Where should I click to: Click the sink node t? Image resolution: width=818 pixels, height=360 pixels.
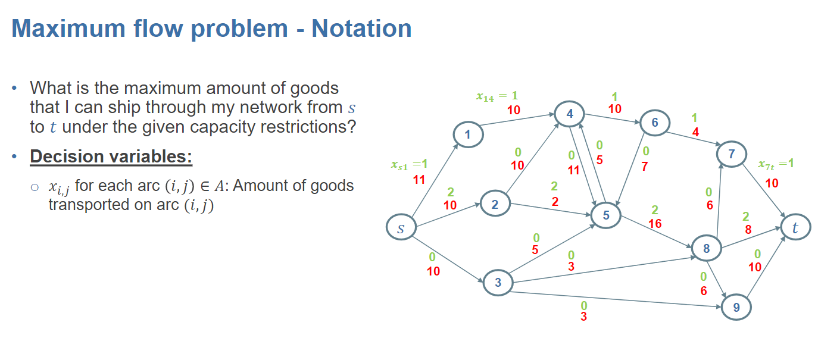coord(795,227)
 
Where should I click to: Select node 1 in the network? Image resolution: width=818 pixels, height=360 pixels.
coord(467,135)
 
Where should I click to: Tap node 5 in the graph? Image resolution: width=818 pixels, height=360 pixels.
coord(606,215)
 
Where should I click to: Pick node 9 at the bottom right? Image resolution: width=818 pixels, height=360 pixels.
coord(736,308)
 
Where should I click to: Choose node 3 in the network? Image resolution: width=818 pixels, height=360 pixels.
coord(498,283)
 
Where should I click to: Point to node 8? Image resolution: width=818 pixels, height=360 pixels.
coord(707,249)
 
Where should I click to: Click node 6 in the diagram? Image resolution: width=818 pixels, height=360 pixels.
coord(655,123)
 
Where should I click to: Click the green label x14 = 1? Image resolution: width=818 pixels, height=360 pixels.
coord(497,96)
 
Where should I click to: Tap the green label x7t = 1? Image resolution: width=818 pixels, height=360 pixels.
coord(776,164)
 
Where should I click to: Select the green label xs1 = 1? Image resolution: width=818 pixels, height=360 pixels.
coord(409,164)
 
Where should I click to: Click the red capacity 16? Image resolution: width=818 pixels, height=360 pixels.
coord(655,224)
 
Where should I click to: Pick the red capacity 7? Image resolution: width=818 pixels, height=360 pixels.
coord(645,167)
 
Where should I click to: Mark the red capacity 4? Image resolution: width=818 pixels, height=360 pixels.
coord(695,132)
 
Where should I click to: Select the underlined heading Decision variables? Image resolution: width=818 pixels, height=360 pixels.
coord(111,156)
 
